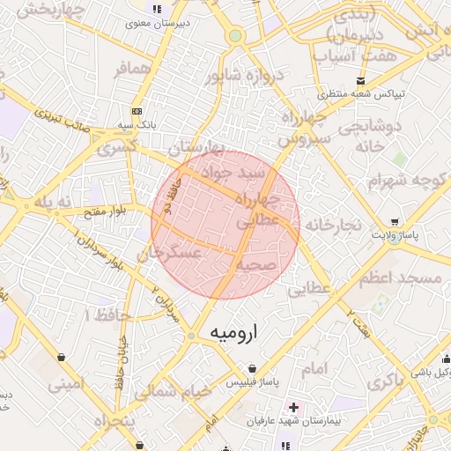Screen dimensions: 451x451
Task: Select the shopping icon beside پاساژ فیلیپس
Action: click(x=253, y=368)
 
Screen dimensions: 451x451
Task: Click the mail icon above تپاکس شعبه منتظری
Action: click(x=336, y=81)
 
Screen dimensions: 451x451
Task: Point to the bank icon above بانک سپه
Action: click(x=136, y=112)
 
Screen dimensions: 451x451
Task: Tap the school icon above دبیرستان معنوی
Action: click(x=157, y=10)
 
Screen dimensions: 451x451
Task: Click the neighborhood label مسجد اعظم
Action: click(x=399, y=278)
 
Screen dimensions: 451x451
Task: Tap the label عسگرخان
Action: click(x=170, y=256)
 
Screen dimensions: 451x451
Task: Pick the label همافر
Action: click(x=133, y=69)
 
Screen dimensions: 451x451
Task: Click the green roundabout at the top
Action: click(x=235, y=36)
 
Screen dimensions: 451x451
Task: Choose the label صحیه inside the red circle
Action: click(x=256, y=264)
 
